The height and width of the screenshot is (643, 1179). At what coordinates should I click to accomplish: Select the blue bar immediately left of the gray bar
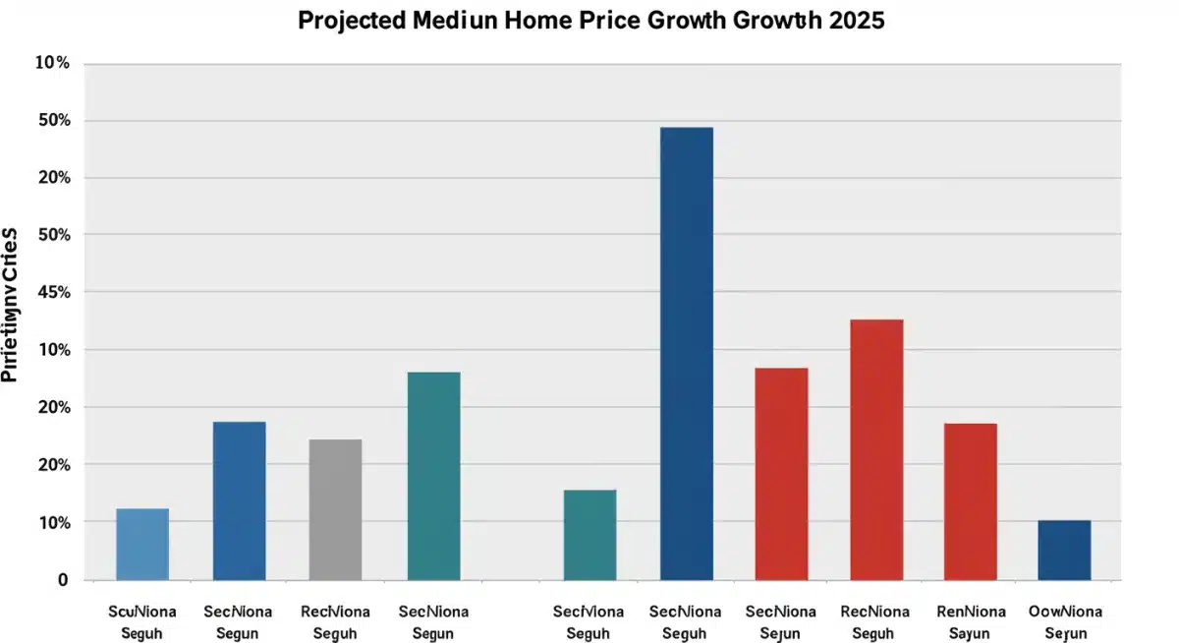click(x=239, y=500)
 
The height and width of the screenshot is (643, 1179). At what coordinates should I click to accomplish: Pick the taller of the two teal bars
click(x=433, y=476)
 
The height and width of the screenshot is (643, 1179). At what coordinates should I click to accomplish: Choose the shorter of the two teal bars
click(x=589, y=535)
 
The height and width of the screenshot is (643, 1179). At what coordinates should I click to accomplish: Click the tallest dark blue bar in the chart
click(x=687, y=353)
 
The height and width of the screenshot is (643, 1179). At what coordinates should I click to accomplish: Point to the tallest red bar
click(x=876, y=449)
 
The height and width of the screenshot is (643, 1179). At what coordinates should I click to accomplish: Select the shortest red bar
click(x=970, y=501)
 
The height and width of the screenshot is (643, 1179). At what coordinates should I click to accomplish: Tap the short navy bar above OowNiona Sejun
click(x=1064, y=550)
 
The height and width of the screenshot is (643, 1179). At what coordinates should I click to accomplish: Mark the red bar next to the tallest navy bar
click(x=781, y=474)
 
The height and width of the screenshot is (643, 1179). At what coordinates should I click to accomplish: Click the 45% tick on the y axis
click(x=53, y=292)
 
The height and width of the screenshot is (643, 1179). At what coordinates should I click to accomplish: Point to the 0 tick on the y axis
click(x=63, y=580)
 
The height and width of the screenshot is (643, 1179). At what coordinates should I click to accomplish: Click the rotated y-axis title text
click(x=11, y=304)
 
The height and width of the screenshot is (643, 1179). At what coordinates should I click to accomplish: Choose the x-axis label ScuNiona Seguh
click(x=141, y=622)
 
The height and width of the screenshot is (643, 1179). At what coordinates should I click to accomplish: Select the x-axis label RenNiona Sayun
click(x=970, y=622)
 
